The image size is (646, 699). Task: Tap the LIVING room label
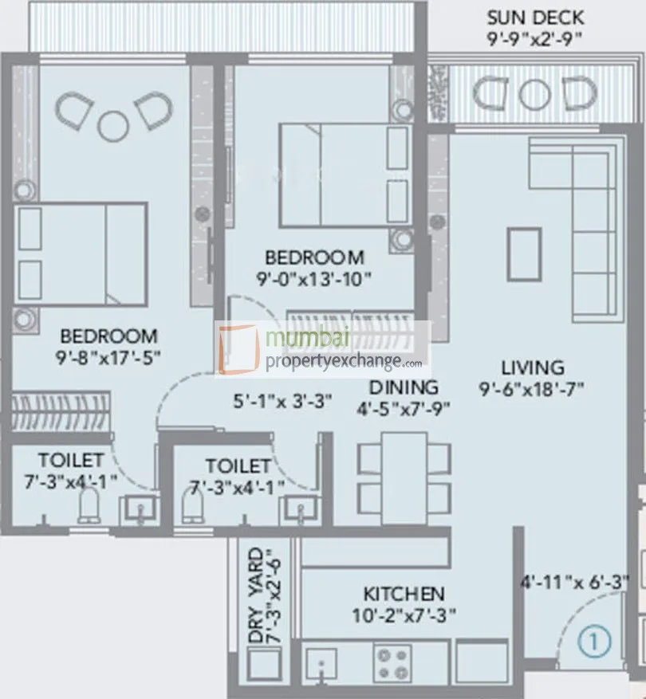tap(533, 367)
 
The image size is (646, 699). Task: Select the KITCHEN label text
tap(404, 594)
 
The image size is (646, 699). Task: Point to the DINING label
tap(404, 387)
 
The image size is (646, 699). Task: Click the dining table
tap(404, 473)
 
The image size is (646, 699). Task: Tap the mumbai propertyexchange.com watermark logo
tap(323, 349)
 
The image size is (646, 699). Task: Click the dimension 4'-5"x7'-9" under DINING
tap(404, 410)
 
